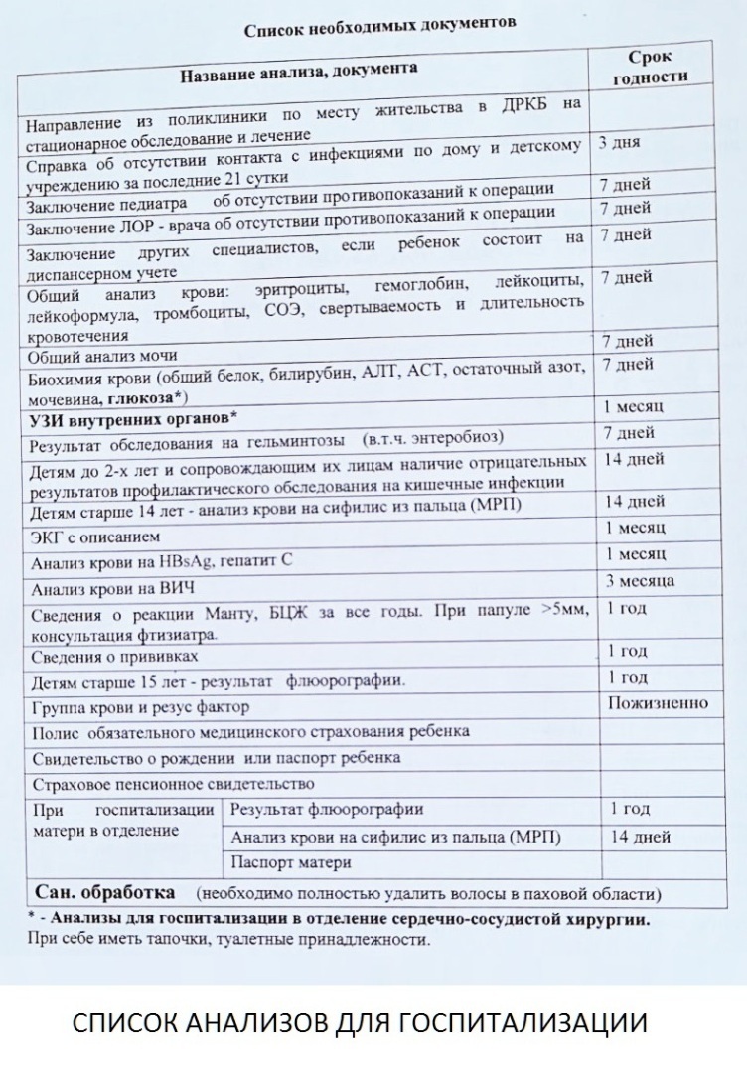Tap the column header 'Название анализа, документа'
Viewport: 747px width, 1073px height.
298,70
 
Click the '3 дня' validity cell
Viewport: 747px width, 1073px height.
620,142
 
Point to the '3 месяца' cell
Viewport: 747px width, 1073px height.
641,580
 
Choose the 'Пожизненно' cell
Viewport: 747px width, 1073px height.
658,703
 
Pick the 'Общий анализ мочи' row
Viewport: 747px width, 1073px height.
102,356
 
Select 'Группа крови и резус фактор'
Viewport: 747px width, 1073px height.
140,708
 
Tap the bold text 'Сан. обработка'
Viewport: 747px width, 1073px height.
105,890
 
